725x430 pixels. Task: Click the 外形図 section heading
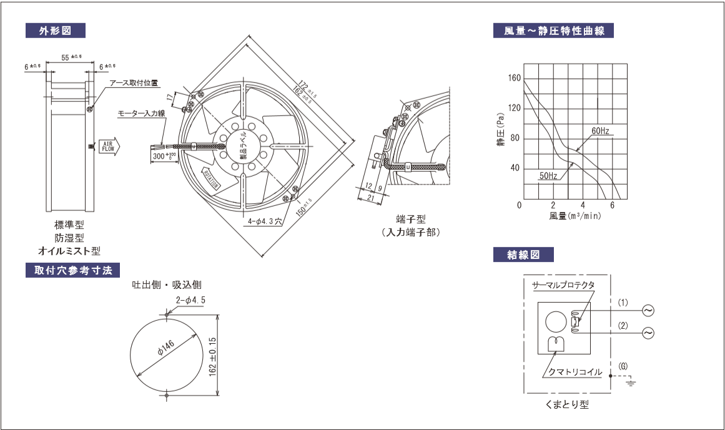[x=54, y=30]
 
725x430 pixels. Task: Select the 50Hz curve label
[x=548, y=177]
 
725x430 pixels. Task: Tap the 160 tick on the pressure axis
[x=513, y=79]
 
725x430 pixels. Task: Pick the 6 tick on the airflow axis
[x=613, y=206]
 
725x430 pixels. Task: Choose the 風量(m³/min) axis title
[x=576, y=216]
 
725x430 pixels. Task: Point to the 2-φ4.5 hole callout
[x=190, y=300]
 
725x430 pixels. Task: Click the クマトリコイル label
[x=575, y=372]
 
